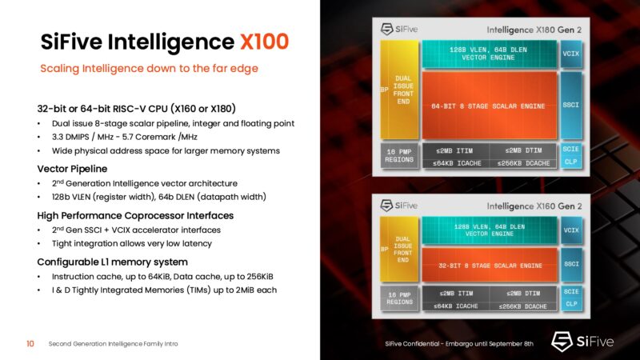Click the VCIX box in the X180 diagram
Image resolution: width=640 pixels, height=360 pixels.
tap(570, 54)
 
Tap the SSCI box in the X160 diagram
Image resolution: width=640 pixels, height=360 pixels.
tap(570, 264)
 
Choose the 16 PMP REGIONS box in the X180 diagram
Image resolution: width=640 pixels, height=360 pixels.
tap(398, 155)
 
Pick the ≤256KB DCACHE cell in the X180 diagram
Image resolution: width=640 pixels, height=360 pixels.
tap(522, 162)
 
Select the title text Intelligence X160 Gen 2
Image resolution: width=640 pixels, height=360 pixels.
tap(511, 206)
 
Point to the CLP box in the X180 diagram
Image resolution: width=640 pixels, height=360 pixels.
tap(570, 162)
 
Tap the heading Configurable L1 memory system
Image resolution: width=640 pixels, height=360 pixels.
tap(113, 262)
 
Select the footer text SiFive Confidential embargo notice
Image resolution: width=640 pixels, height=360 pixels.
tap(458, 344)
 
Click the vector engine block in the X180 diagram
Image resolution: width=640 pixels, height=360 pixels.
tap(488, 54)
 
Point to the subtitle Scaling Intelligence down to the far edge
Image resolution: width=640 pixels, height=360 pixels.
tap(149, 69)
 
